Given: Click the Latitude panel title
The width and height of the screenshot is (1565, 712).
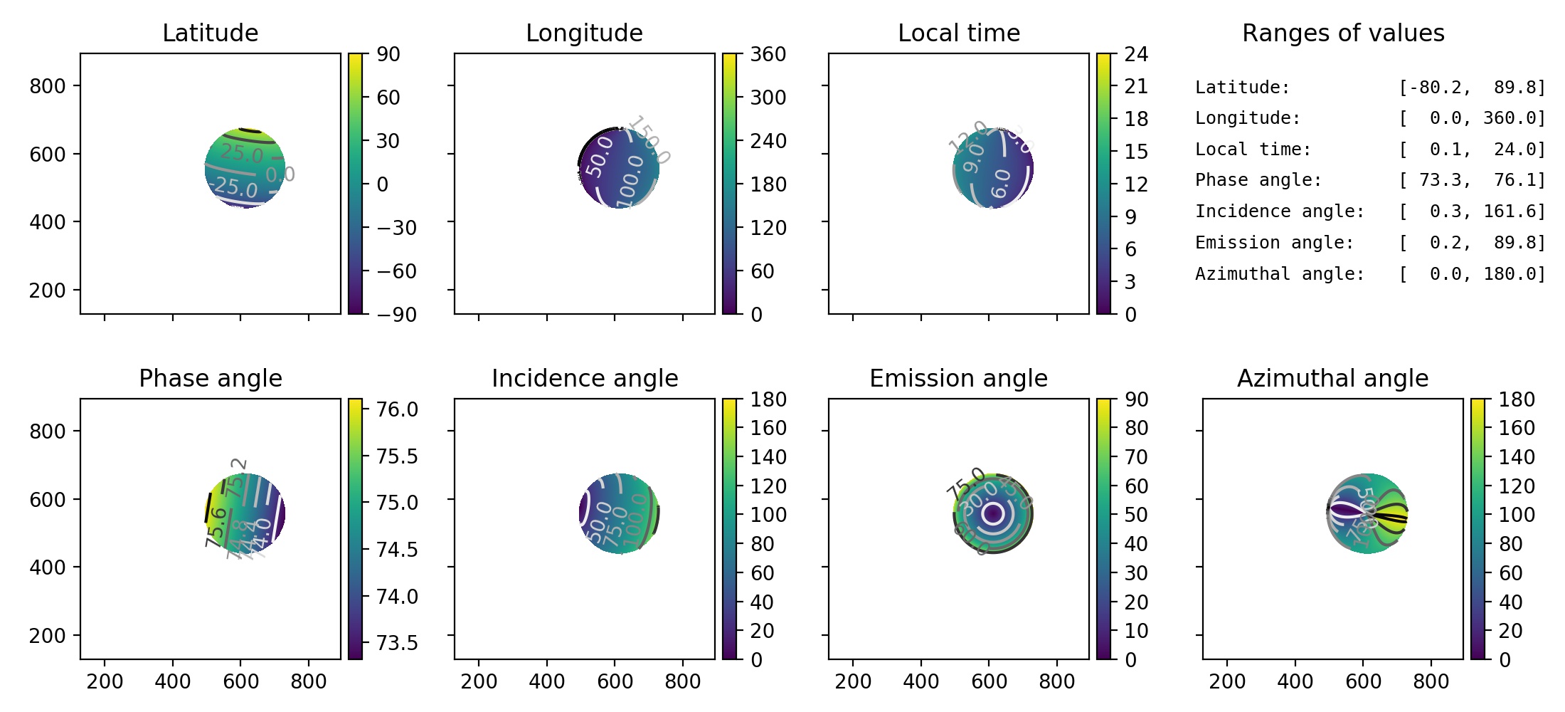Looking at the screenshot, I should [x=210, y=33].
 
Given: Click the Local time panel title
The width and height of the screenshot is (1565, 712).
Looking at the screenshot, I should [x=958, y=33].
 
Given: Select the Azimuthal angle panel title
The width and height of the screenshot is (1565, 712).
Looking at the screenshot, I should [x=1332, y=378].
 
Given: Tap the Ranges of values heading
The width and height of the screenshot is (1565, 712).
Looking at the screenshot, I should [x=1343, y=33].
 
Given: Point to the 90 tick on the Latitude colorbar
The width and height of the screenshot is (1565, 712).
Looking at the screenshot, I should [x=388, y=54].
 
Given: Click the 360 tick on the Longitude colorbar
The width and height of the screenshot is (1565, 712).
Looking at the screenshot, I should [x=768, y=54].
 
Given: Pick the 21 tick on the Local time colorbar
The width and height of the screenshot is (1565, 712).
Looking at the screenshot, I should [x=1136, y=87].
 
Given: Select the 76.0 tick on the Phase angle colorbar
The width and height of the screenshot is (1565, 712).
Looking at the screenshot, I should [x=397, y=409].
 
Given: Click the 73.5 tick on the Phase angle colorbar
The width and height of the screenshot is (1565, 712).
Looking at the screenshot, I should [x=397, y=643].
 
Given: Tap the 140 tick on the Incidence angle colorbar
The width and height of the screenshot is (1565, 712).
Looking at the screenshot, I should [x=768, y=457].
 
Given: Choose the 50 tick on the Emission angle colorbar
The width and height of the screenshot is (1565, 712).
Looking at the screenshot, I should [x=1136, y=515].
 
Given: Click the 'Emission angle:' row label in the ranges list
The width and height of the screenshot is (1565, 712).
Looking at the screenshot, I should [x=1274, y=243].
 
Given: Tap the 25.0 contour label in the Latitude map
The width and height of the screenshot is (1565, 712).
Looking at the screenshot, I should [x=242, y=153].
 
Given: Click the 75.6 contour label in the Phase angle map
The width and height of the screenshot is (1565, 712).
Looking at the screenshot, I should [x=216, y=527].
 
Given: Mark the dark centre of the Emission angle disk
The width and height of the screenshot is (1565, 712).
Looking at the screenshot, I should [x=992, y=513].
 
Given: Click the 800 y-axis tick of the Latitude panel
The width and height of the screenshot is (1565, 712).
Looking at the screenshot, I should [x=47, y=86].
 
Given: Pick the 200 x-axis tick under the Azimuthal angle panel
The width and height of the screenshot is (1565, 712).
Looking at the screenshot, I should [x=1227, y=681].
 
